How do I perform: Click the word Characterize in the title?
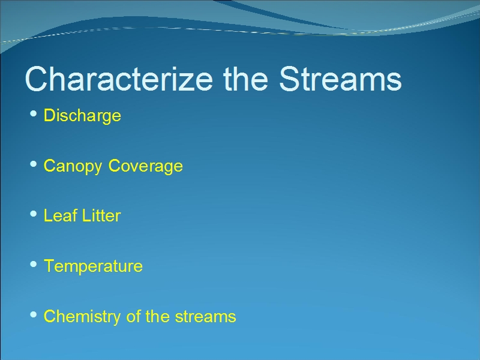click(119, 79)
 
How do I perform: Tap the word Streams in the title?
click(340, 79)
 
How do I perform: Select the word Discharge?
click(82, 116)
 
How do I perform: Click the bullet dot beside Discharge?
click(34, 114)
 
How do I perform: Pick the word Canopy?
click(73, 167)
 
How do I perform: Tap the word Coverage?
click(145, 167)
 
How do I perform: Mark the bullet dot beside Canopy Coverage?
click(34, 164)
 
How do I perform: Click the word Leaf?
click(61, 215)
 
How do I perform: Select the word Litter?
click(101, 215)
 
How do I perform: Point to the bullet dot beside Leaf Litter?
click(34, 214)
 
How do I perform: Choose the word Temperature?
click(93, 266)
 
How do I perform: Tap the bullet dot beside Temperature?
click(34, 264)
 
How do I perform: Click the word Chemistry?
click(82, 317)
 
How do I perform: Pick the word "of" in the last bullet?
click(133, 316)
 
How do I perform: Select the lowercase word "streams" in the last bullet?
click(205, 317)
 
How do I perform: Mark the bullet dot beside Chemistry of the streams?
click(34, 314)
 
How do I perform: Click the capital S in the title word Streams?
click(289, 79)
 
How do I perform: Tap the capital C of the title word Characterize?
click(36, 79)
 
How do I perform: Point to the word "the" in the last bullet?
click(157, 316)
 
